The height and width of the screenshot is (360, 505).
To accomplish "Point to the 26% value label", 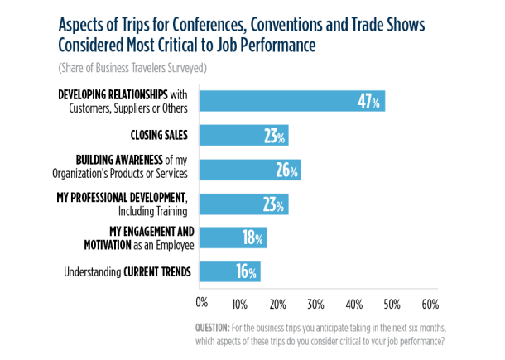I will [286, 170].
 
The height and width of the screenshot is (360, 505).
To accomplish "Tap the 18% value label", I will [253, 238].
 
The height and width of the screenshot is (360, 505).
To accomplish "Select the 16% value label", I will [247, 271].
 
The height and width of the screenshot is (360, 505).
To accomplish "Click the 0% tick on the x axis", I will [201, 301].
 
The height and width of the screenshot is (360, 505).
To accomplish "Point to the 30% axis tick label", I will [315, 301].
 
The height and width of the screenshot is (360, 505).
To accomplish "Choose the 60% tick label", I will [430, 301].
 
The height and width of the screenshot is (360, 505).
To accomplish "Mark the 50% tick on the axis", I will [392, 301].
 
